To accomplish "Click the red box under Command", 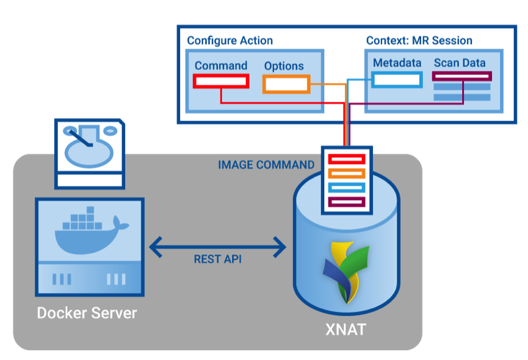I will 220,81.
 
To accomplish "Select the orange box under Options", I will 286,84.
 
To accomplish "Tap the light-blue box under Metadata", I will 397,79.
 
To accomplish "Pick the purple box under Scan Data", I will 461,76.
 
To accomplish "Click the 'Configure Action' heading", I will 230,41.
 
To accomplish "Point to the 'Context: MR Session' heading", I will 419,41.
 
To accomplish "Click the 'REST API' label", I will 217,259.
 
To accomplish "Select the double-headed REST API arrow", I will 218,247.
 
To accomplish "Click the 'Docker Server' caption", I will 87,313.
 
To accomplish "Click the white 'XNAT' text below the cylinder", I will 345,330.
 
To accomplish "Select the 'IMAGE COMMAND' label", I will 266,165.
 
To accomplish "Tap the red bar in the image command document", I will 347,160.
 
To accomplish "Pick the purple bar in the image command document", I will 347,202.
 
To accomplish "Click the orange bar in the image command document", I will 347,174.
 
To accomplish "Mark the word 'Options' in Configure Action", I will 284,66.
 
